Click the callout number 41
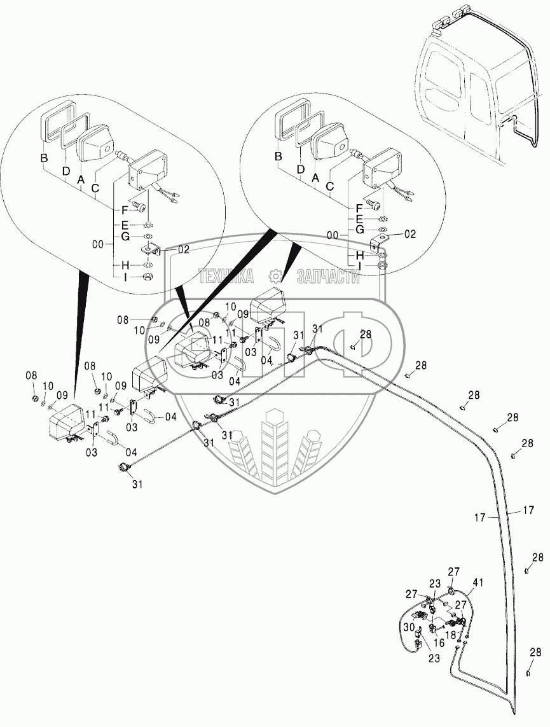tap(478, 582)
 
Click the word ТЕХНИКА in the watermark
tap(227, 276)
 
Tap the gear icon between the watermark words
tap(275, 276)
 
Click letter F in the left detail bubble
tap(125, 209)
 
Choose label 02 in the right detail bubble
tap(409, 234)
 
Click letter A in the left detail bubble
tap(81, 180)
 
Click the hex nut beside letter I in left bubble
tap(146, 277)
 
